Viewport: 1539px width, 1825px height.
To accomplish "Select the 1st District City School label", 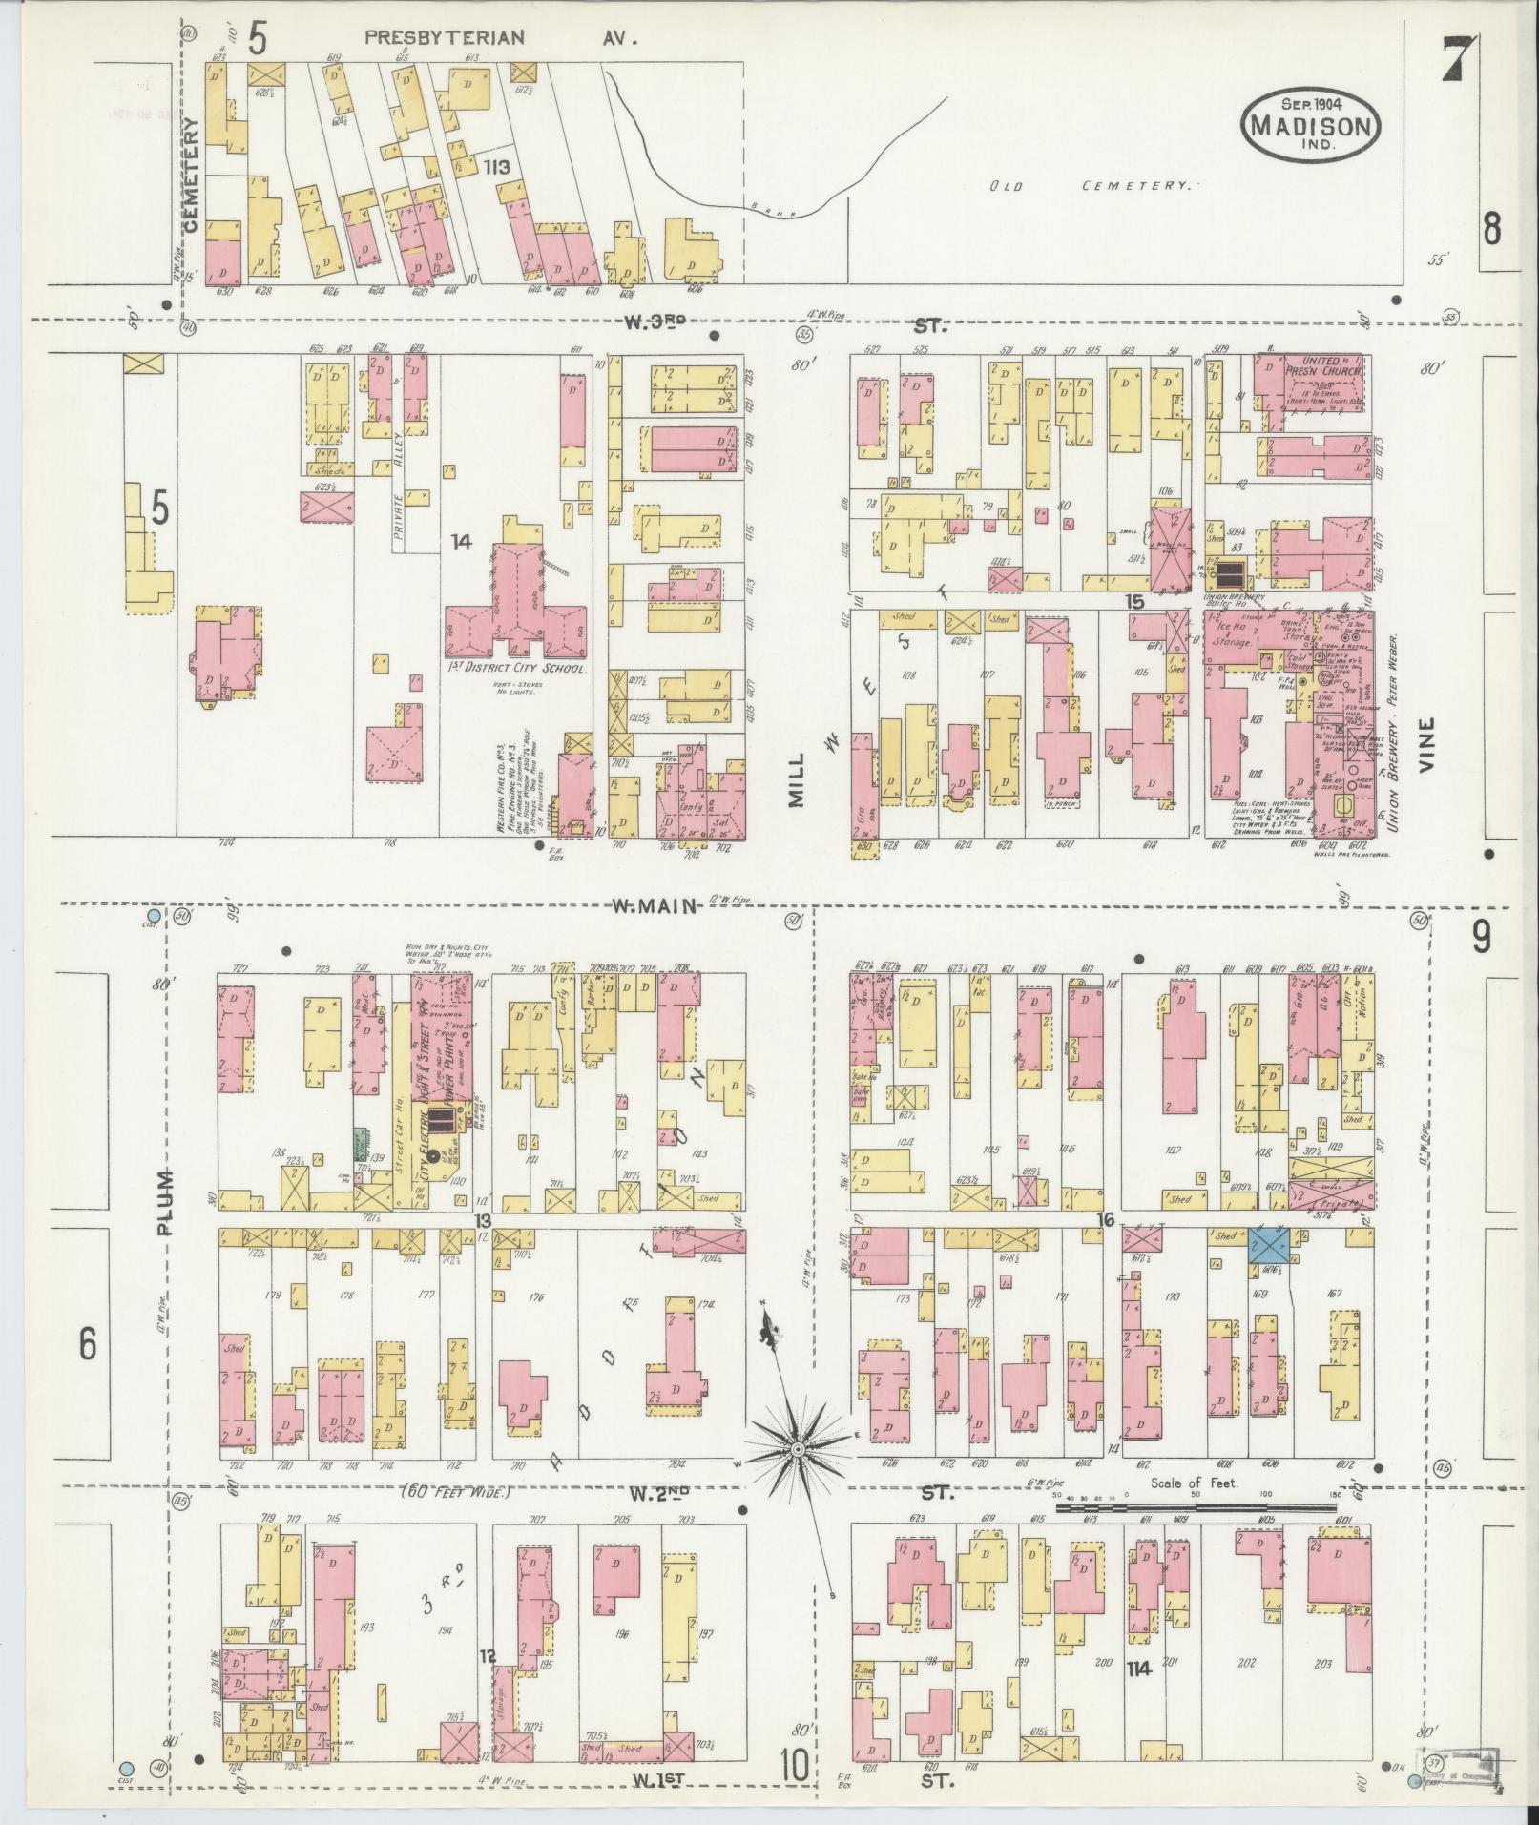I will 515,669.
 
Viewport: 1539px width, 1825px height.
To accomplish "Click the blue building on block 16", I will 1269,1246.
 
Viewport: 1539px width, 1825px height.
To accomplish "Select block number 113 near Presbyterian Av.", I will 496,167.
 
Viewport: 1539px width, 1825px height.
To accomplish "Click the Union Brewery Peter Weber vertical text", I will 1394,732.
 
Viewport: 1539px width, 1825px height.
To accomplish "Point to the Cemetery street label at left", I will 190,175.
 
